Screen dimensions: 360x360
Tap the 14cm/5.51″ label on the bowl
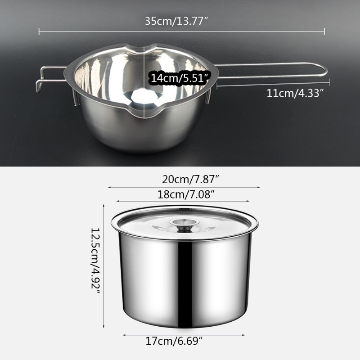[x=180, y=77]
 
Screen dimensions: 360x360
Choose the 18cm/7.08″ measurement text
[x=184, y=195]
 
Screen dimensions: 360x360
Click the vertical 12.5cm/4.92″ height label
[x=96, y=260]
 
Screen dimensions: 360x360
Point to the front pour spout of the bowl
[x=145, y=116]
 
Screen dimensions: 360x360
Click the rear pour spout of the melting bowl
[x=145, y=46]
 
